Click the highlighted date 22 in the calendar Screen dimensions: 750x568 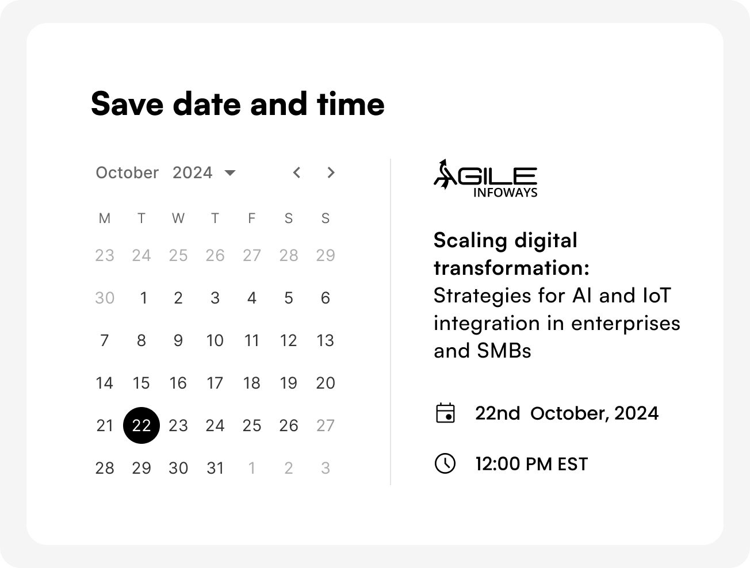click(141, 425)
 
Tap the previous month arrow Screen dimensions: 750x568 click(297, 172)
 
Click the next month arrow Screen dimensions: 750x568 click(331, 172)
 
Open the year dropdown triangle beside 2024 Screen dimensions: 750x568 click(230, 172)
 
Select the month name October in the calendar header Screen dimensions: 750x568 click(127, 172)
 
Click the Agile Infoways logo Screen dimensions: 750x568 click(485, 178)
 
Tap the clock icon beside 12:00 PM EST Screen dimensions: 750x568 click(445, 463)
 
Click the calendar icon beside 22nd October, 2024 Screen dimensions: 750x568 click(445, 413)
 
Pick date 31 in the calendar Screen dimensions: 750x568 click(215, 468)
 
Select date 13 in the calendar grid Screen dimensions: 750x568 click(325, 340)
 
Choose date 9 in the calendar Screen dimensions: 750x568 click(178, 340)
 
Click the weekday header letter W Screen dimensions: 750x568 click(178, 218)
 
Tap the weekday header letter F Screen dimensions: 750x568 click(251, 218)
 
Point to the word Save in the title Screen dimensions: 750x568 click(127, 104)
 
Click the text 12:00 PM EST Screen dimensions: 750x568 click(531, 464)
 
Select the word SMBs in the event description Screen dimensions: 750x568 click(504, 351)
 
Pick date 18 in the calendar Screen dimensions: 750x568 click(251, 383)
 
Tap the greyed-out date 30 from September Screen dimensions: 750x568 click(105, 298)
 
